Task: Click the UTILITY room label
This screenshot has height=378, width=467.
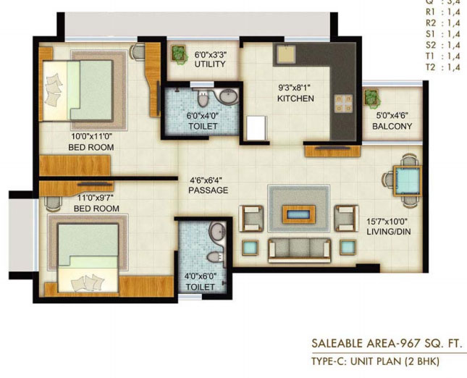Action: tap(210, 64)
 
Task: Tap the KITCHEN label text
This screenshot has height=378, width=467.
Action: tap(295, 98)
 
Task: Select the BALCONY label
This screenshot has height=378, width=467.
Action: tap(392, 126)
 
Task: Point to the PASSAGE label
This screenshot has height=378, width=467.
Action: tap(209, 190)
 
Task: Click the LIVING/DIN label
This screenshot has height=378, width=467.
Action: tap(388, 232)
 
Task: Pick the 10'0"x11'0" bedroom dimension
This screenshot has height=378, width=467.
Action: tap(91, 136)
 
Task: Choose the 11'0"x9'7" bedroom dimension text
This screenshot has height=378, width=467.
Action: tap(96, 198)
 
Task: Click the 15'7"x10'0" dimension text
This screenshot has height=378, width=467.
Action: tap(387, 222)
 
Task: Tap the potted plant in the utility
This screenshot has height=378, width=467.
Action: tap(178, 54)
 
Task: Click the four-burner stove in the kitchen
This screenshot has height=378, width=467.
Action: tap(343, 104)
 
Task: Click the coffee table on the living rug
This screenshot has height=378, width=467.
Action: tap(299, 214)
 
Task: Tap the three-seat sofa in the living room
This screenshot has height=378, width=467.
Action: tap(300, 251)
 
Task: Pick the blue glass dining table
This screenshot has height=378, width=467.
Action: tap(407, 181)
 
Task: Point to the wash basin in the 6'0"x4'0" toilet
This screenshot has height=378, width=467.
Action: tap(229, 96)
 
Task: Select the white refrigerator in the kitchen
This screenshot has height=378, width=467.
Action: tap(256, 128)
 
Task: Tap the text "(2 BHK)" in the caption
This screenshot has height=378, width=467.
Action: tap(421, 361)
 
